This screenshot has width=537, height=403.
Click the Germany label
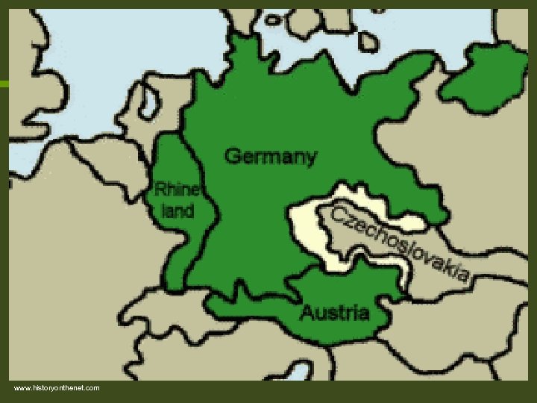coord(270,157)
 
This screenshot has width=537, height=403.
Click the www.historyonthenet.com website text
coord(57,388)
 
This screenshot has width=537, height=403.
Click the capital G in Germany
coord(232,157)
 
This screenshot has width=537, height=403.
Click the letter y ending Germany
coord(310,159)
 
